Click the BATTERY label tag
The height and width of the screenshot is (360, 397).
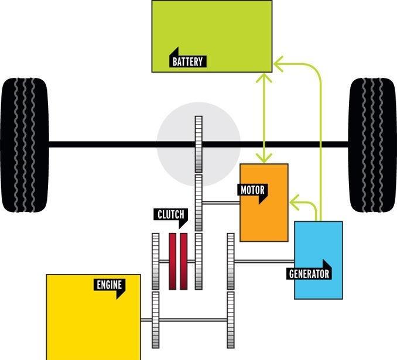188,61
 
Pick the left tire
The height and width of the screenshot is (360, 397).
25,145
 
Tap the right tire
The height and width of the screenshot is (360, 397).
372,145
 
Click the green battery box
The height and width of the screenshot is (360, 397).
212,36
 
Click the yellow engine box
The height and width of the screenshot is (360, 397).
94,317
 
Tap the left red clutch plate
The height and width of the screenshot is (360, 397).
172,262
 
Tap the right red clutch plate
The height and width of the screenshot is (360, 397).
183,262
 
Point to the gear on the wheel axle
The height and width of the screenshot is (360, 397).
198,145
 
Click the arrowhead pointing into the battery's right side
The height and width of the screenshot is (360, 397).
278,63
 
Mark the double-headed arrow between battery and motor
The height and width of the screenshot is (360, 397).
264,118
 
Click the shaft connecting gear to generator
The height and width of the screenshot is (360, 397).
264,261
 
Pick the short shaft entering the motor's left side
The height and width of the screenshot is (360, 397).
221,203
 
